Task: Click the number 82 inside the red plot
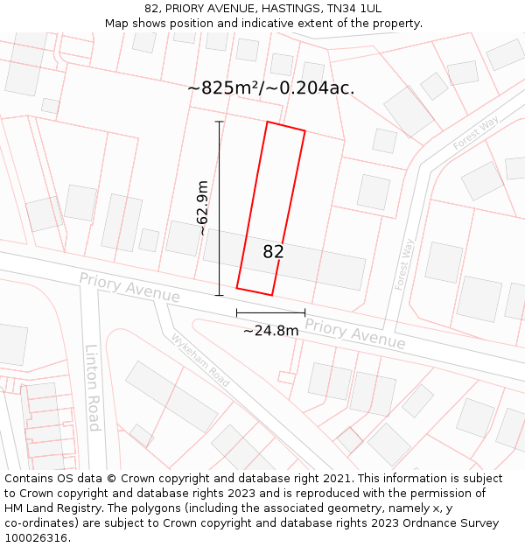pyautogui.click(x=273, y=252)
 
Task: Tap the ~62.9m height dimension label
pyautogui.click(x=202, y=208)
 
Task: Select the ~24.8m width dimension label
pyautogui.click(x=270, y=330)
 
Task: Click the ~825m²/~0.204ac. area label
pyautogui.click(x=271, y=88)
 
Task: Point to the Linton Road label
pyautogui.click(x=93, y=387)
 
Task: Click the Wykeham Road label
pyautogui.click(x=200, y=360)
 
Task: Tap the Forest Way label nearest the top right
pyautogui.click(x=475, y=132)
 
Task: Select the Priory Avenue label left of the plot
pyautogui.click(x=129, y=288)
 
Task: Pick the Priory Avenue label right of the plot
pyautogui.click(x=355, y=335)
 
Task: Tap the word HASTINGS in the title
pyautogui.click(x=266, y=8)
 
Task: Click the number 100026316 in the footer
pyautogui.click(x=36, y=538)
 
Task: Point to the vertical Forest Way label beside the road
pyautogui.click(x=403, y=264)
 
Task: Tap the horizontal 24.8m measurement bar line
pyautogui.click(x=270, y=312)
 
